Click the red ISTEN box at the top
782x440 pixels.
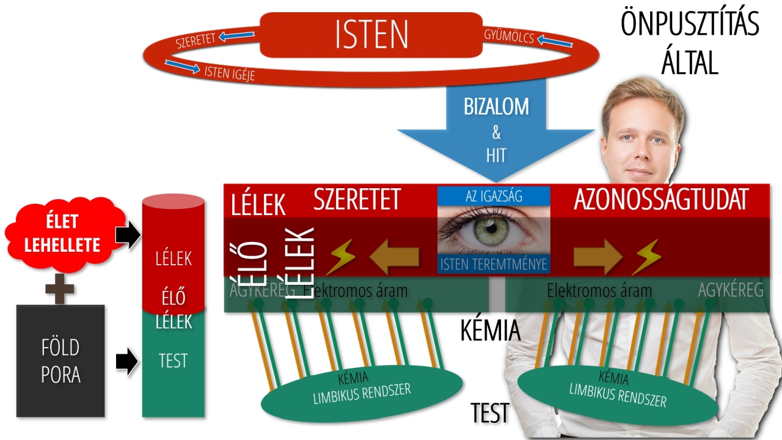pyautogui.click(x=371, y=35)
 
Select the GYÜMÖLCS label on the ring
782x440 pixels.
pyautogui.click(x=509, y=37)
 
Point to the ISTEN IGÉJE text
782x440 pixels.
pyautogui.click(x=229, y=74)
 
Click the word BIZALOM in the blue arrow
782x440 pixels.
pyautogui.click(x=495, y=107)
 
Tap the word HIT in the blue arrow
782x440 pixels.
pyautogui.click(x=496, y=155)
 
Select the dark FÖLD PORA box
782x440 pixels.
pyautogui.click(x=60, y=360)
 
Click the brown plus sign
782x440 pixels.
pyautogui.click(x=60, y=288)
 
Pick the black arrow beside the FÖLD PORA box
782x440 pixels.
pyautogui.click(x=127, y=361)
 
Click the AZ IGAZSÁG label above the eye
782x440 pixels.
pyautogui.click(x=494, y=196)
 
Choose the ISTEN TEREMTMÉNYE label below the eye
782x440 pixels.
pyautogui.click(x=493, y=265)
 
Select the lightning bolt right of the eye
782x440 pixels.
pyautogui.click(x=646, y=257)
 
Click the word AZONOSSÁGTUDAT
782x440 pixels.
pyautogui.click(x=661, y=200)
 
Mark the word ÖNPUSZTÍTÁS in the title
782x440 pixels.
pyautogui.click(x=690, y=24)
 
